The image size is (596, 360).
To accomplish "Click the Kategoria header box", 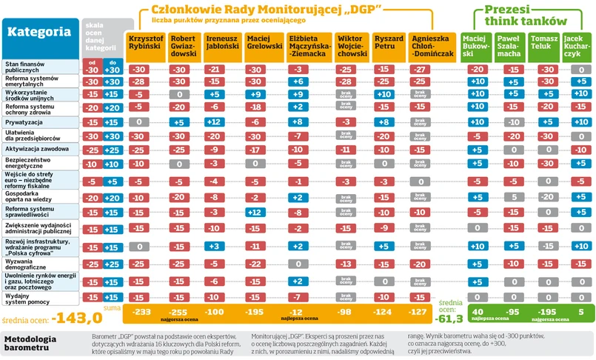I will coord(40,33).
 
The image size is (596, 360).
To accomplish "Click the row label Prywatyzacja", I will coord(23,121).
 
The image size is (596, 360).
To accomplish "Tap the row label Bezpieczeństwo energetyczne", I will coord(27,163).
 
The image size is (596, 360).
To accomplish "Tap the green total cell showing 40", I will coord(478,313).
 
